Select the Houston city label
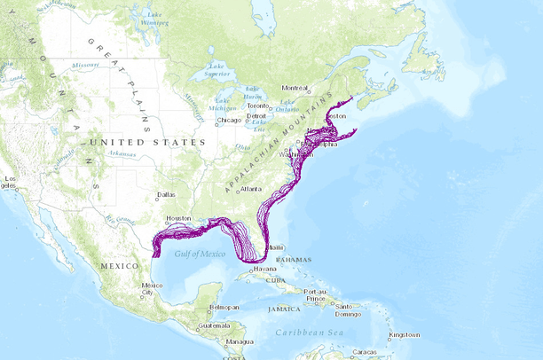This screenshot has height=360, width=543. (x=179, y=218)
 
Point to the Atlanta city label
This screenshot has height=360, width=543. (x=251, y=189)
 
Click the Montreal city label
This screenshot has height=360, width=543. (x=295, y=88)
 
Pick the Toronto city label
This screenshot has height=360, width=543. (x=258, y=106)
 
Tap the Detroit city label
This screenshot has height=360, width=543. (x=257, y=116)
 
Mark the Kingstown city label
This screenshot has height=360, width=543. (x=404, y=334)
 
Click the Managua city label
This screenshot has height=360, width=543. (x=239, y=341)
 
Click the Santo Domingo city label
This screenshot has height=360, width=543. (x=349, y=310)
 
